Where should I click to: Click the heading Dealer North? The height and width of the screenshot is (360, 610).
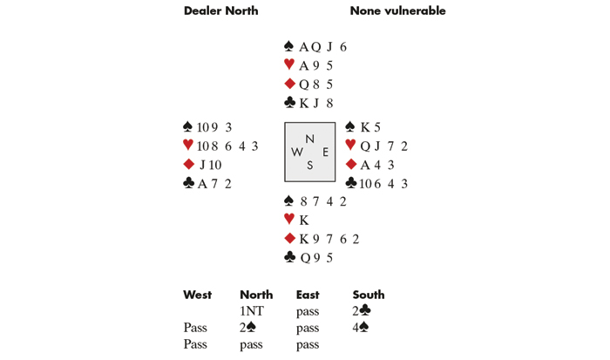pos(221,11)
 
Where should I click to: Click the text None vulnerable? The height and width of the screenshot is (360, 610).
pos(397,11)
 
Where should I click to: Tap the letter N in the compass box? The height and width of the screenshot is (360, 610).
pos(309,139)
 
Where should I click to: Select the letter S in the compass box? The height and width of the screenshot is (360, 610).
pos(309,166)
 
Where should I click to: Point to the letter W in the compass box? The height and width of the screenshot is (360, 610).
pos(297,152)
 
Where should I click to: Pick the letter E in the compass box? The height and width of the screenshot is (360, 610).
pos(325,152)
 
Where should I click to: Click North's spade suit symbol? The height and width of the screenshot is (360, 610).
pos(289,46)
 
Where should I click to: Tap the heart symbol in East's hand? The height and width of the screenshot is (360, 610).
pos(350,146)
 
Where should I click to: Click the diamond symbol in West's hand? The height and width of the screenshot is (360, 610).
pos(188,165)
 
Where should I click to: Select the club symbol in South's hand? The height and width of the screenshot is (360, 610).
pos(289,257)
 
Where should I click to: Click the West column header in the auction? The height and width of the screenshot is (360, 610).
pos(197,295)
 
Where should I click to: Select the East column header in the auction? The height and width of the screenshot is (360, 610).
pos(307,295)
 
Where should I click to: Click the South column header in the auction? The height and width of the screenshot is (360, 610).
pos(369,295)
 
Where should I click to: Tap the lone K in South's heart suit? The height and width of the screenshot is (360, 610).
pos(304,221)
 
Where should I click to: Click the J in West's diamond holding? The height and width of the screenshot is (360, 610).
pos(201,165)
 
